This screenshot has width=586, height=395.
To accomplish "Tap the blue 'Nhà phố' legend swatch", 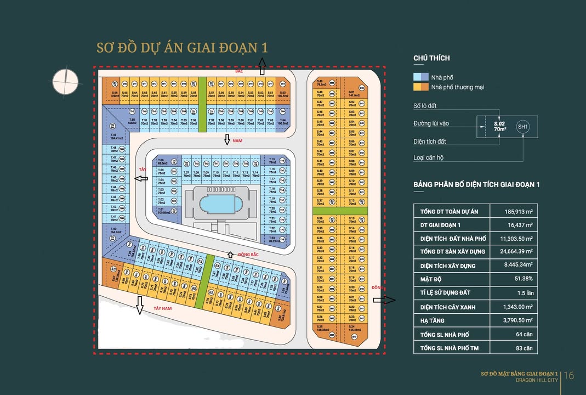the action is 420,77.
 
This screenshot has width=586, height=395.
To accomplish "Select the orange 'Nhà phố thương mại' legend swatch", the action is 420,87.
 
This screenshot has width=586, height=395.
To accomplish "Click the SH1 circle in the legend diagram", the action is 523,127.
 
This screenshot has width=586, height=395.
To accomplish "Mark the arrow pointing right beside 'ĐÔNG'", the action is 388,300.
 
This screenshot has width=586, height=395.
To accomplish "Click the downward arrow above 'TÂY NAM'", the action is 140,305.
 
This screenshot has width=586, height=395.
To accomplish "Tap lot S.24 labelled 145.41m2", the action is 352,330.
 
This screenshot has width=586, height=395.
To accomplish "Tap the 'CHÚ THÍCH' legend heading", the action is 431,59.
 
